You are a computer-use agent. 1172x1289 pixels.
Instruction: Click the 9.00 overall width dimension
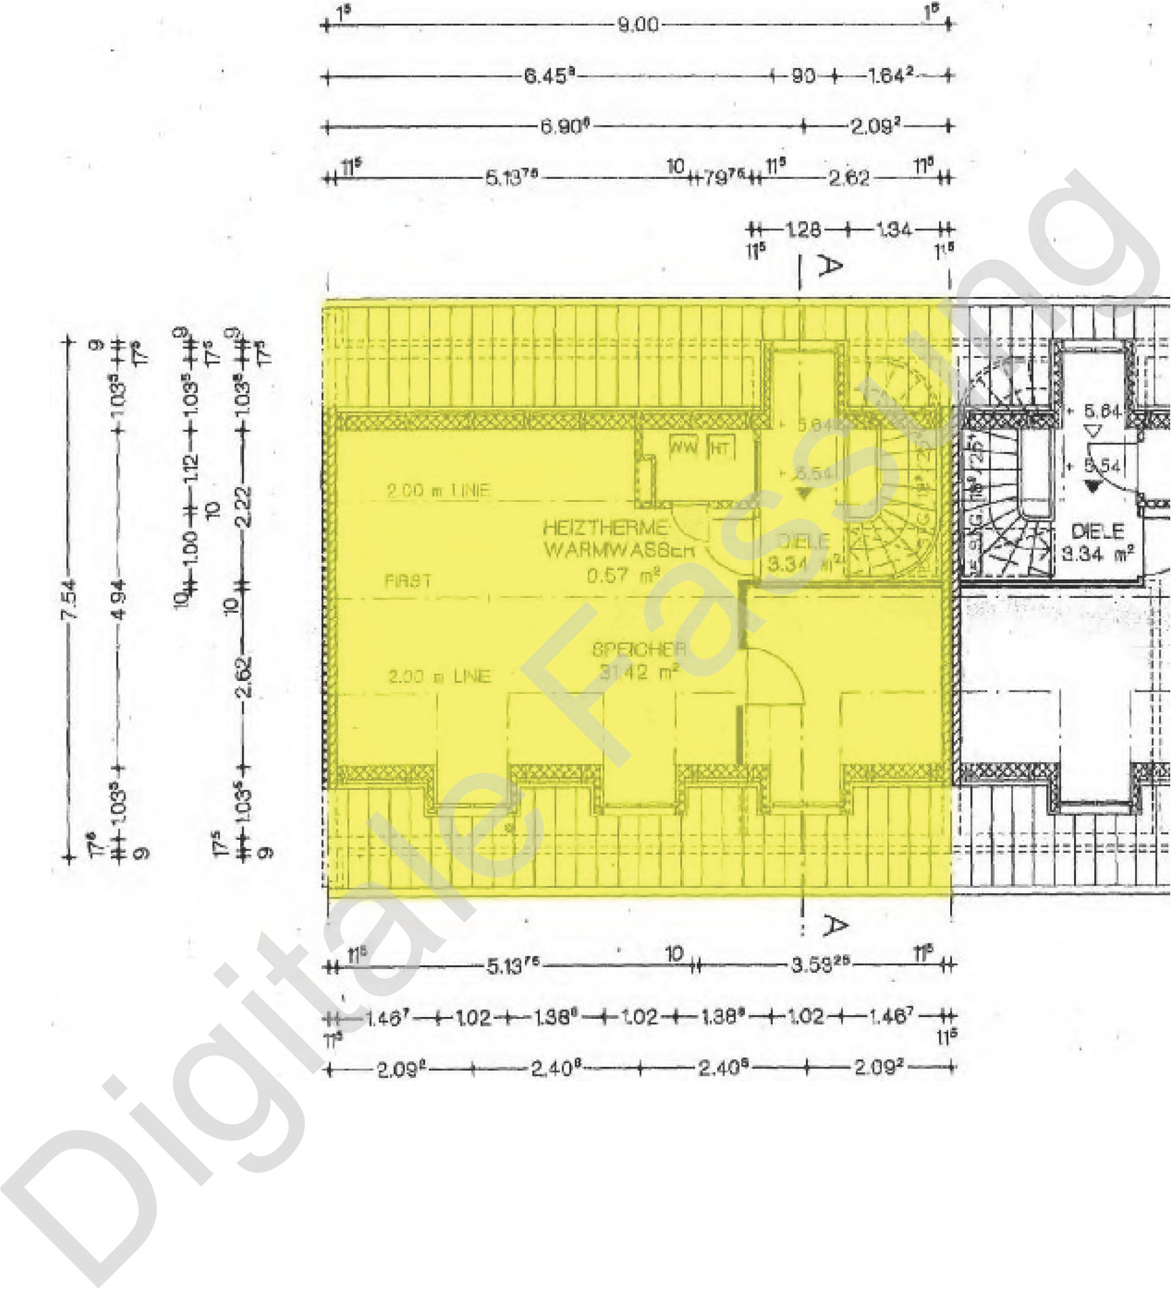click(x=637, y=25)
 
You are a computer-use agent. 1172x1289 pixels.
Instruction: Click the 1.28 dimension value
click(x=804, y=229)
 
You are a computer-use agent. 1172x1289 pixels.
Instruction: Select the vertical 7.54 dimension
click(x=71, y=599)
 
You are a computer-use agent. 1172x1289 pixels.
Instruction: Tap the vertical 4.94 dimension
click(x=119, y=599)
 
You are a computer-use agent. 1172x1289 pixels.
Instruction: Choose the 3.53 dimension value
click(x=819, y=965)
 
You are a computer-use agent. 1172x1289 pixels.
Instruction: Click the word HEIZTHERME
click(x=605, y=528)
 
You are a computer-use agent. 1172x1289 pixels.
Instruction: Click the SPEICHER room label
click(x=638, y=650)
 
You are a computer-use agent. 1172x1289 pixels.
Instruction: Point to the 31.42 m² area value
click(x=638, y=672)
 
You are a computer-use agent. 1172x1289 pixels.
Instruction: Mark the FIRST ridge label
click(x=407, y=581)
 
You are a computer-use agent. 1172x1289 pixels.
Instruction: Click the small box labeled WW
click(x=683, y=447)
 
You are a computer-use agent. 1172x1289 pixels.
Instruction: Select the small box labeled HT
click(x=721, y=447)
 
